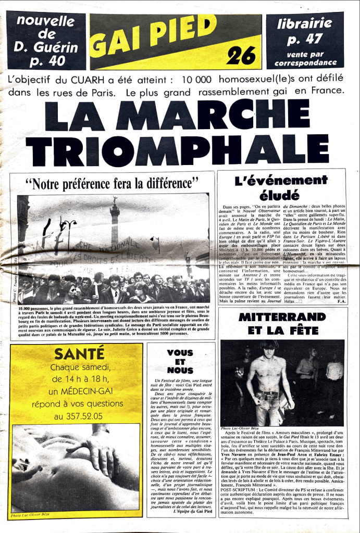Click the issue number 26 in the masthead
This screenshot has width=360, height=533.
[x=241, y=54]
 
